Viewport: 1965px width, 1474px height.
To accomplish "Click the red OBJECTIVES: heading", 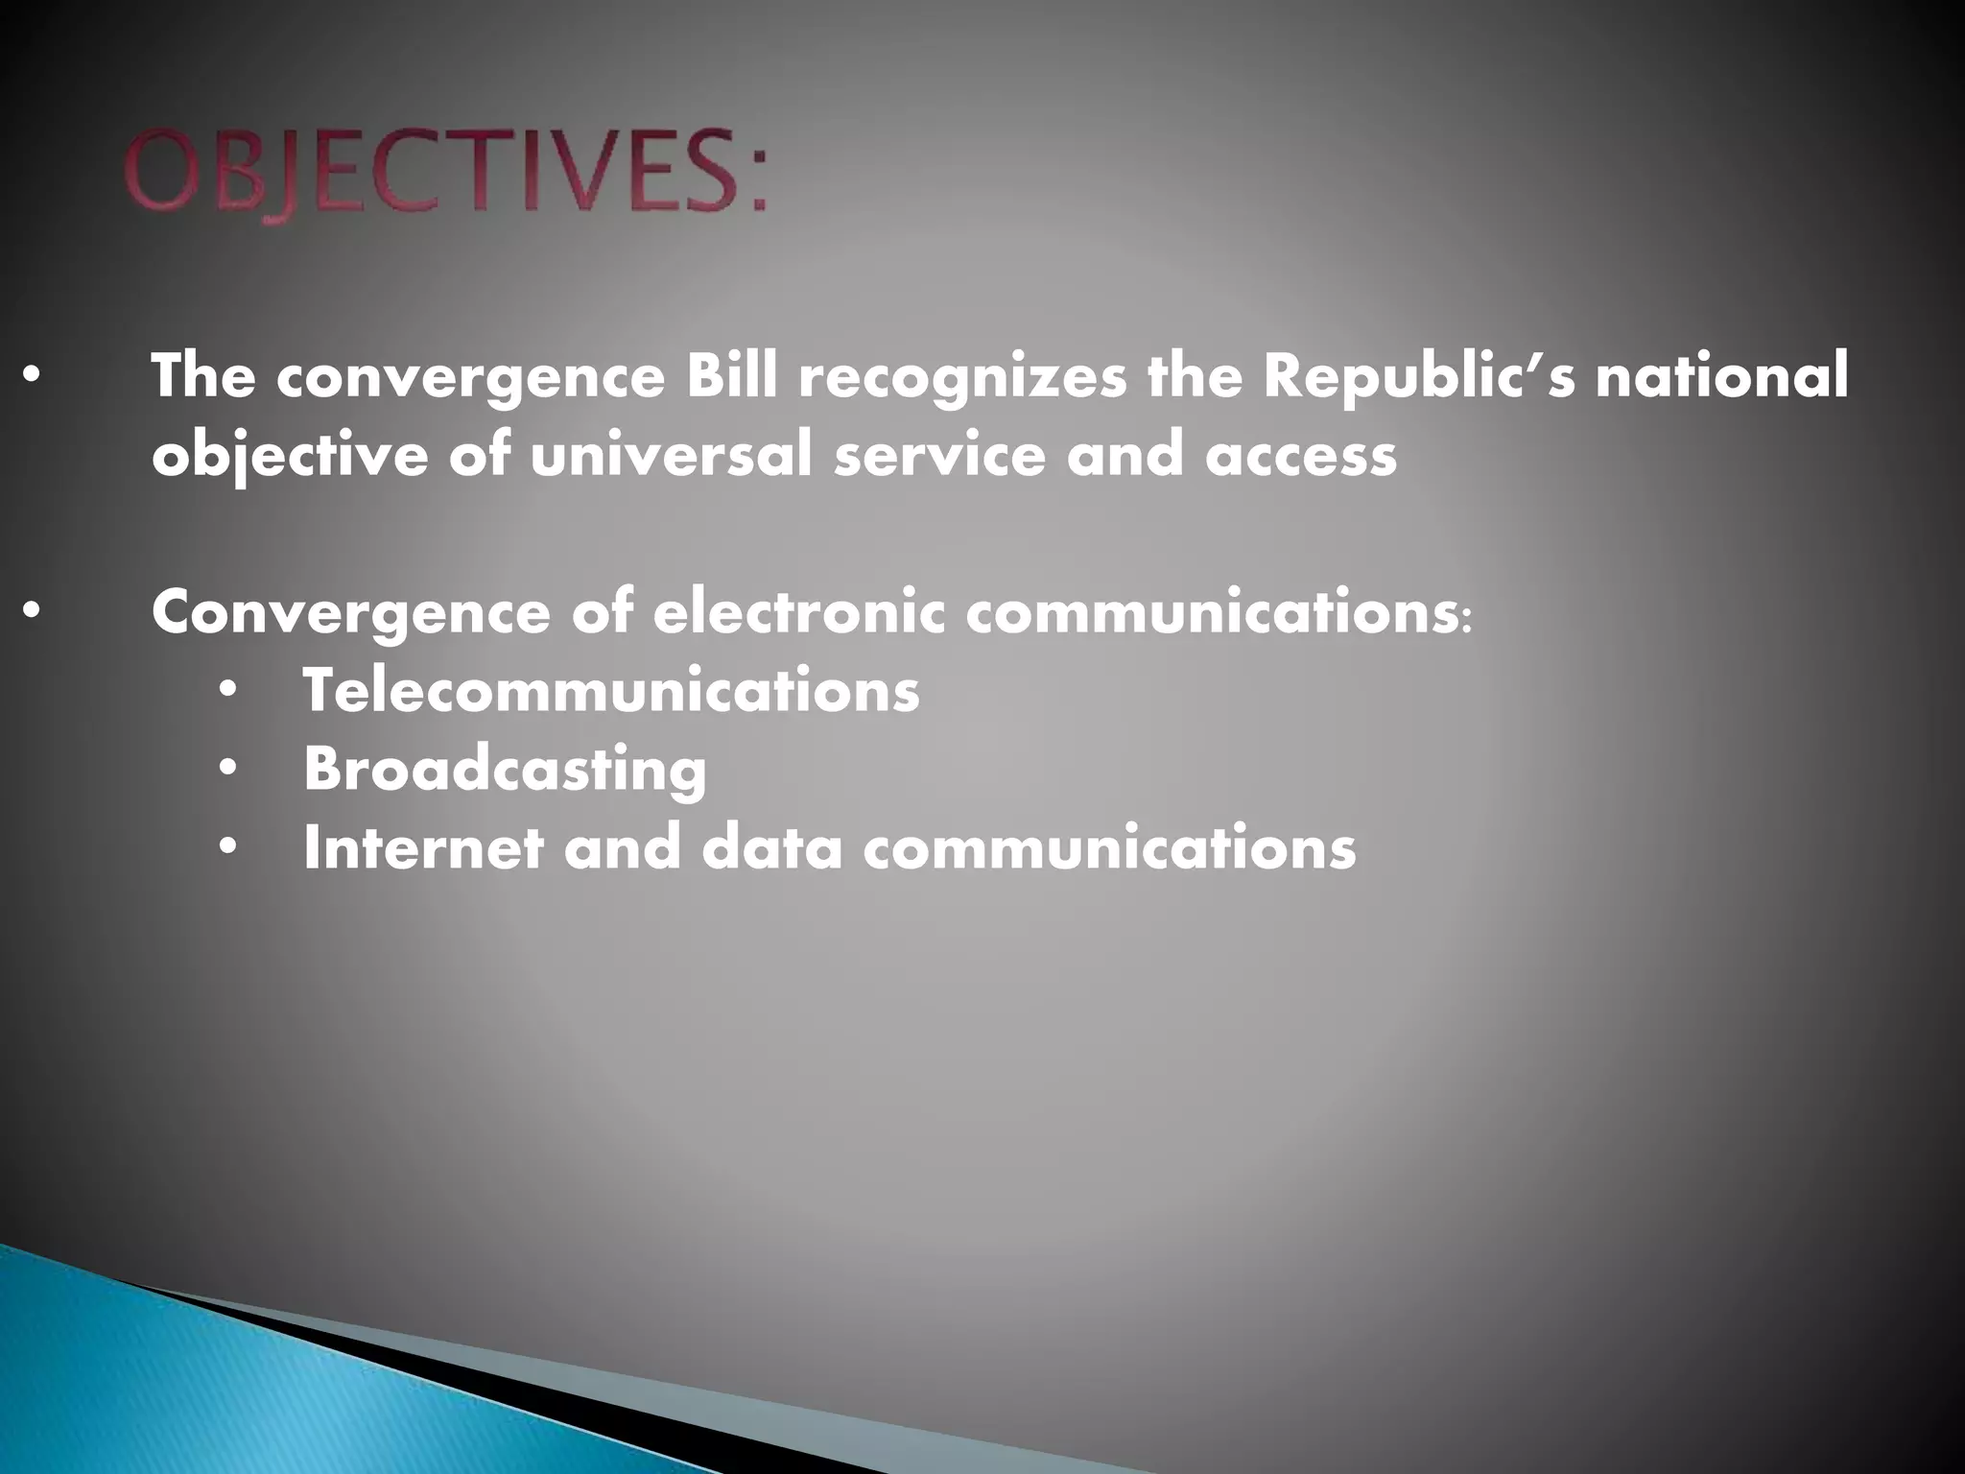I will click(x=446, y=175).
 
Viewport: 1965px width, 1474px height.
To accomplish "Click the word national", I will click(x=1721, y=377).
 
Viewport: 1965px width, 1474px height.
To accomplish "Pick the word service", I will click(x=939, y=455).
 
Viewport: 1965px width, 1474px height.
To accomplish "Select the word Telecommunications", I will click(x=611, y=691).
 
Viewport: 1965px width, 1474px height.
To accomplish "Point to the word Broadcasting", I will click(x=505, y=770).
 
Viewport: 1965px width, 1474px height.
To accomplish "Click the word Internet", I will click(x=422, y=847).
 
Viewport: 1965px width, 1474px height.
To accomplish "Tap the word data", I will click(x=772, y=847).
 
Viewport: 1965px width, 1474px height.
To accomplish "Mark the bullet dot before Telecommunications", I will click(x=227, y=691).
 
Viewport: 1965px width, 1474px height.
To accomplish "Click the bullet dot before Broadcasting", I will click(x=227, y=769).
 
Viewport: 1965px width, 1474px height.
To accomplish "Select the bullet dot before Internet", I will click(x=227, y=847).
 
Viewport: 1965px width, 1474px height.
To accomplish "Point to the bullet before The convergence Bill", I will click(x=32, y=377).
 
